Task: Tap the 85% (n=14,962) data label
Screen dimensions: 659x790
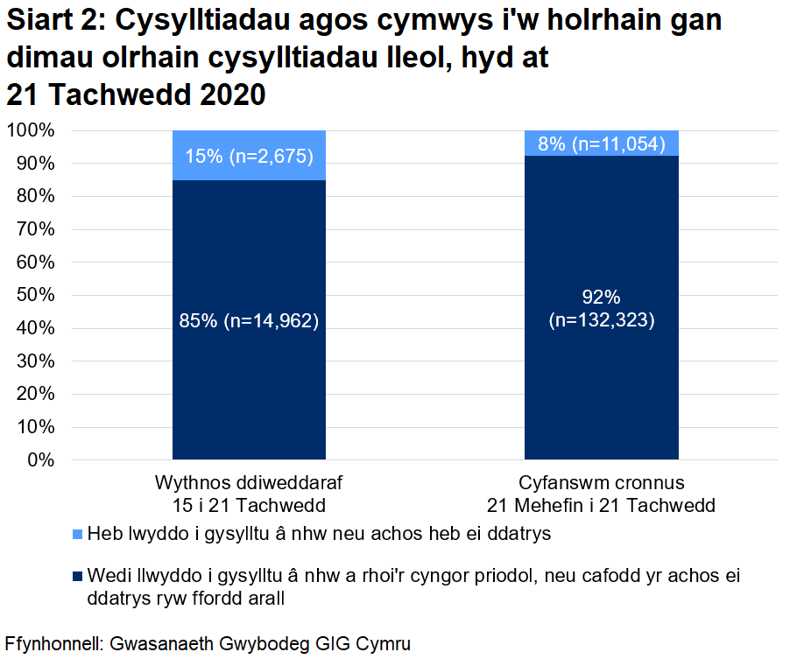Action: point(249,321)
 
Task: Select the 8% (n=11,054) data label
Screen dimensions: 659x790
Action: point(602,144)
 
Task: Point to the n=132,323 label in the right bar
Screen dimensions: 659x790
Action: point(602,321)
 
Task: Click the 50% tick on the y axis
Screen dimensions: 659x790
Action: point(34,295)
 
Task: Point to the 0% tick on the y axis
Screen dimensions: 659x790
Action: point(39,459)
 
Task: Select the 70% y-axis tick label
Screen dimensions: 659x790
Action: point(34,229)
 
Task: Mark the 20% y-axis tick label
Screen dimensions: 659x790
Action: point(34,394)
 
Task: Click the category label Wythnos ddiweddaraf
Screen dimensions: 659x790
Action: point(249,484)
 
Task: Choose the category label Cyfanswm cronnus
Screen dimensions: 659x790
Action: point(601,484)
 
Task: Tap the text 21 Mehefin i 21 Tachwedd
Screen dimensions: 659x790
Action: point(601,506)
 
